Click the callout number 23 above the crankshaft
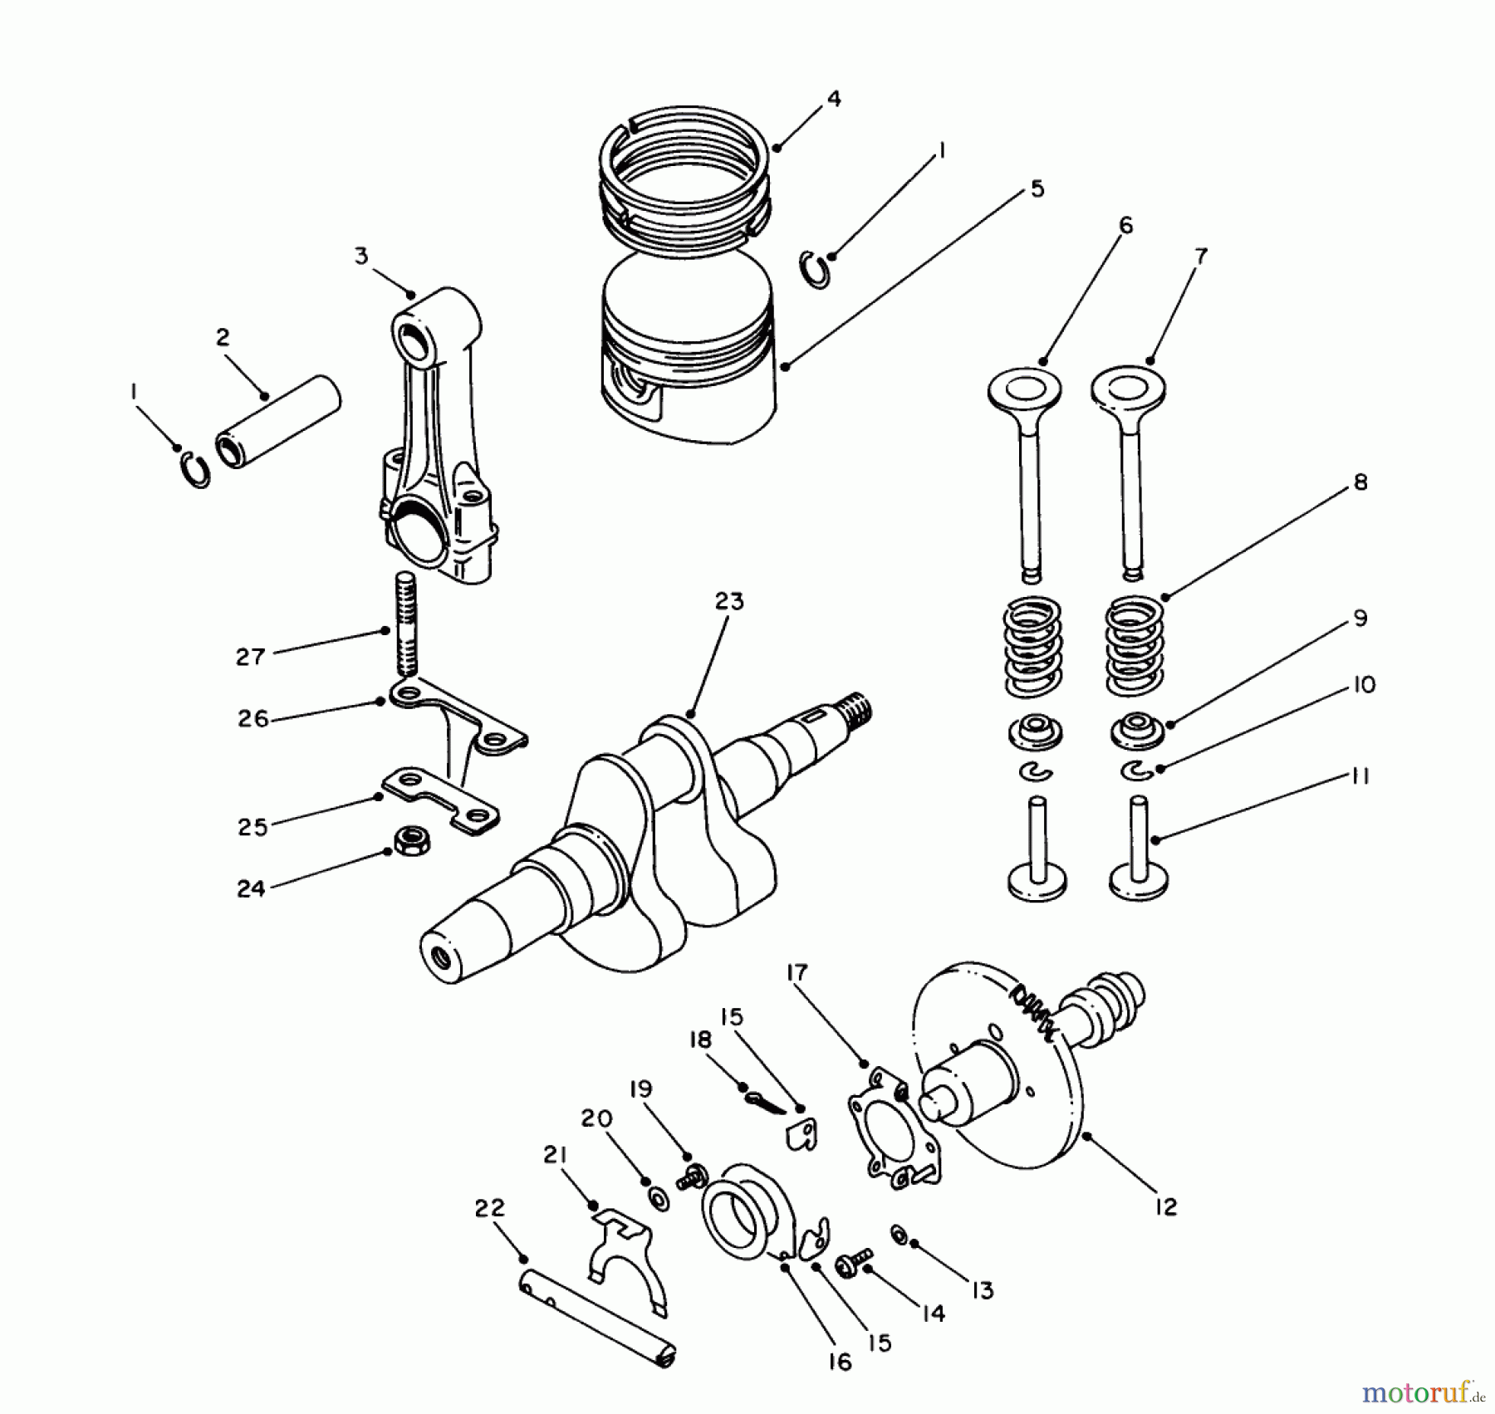point(729,601)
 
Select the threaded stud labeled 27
point(404,624)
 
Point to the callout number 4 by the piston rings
point(834,100)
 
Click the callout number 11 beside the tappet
point(1359,776)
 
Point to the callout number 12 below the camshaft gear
point(1166,1208)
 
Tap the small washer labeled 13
point(899,1235)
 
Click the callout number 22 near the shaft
point(489,1208)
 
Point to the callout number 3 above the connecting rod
point(361,256)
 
